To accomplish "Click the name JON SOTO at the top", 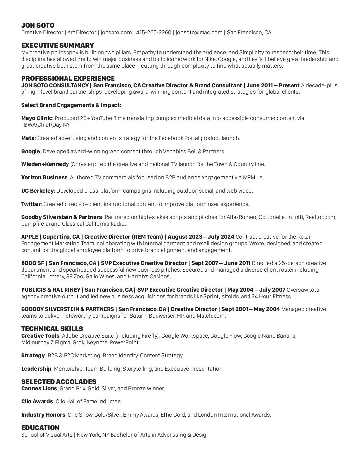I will (x=38, y=25).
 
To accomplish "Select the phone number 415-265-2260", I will (x=154, y=32).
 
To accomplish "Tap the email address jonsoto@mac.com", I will (x=199, y=32).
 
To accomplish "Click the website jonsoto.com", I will (x=116, y=32).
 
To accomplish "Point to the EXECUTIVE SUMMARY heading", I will (x=58, y=45).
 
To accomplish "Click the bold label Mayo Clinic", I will (x=36, y=118).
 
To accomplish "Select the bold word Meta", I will (x=28, y=138).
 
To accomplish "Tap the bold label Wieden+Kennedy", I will (x=45, y=164).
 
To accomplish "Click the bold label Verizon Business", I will (x=44, y=177).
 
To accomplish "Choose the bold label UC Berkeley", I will (x=37, y=191).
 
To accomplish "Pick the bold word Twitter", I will (x=31, y=204).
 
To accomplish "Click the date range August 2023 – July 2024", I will (x=201, y=237).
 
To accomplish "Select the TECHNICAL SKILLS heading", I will (x=52, y=329).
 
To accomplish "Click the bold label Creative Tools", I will (x=40, y=336).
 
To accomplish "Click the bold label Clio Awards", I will (x=37, y=401).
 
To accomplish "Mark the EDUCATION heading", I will (x=40, y=428).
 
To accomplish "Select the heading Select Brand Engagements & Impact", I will (x=71, y=105).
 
